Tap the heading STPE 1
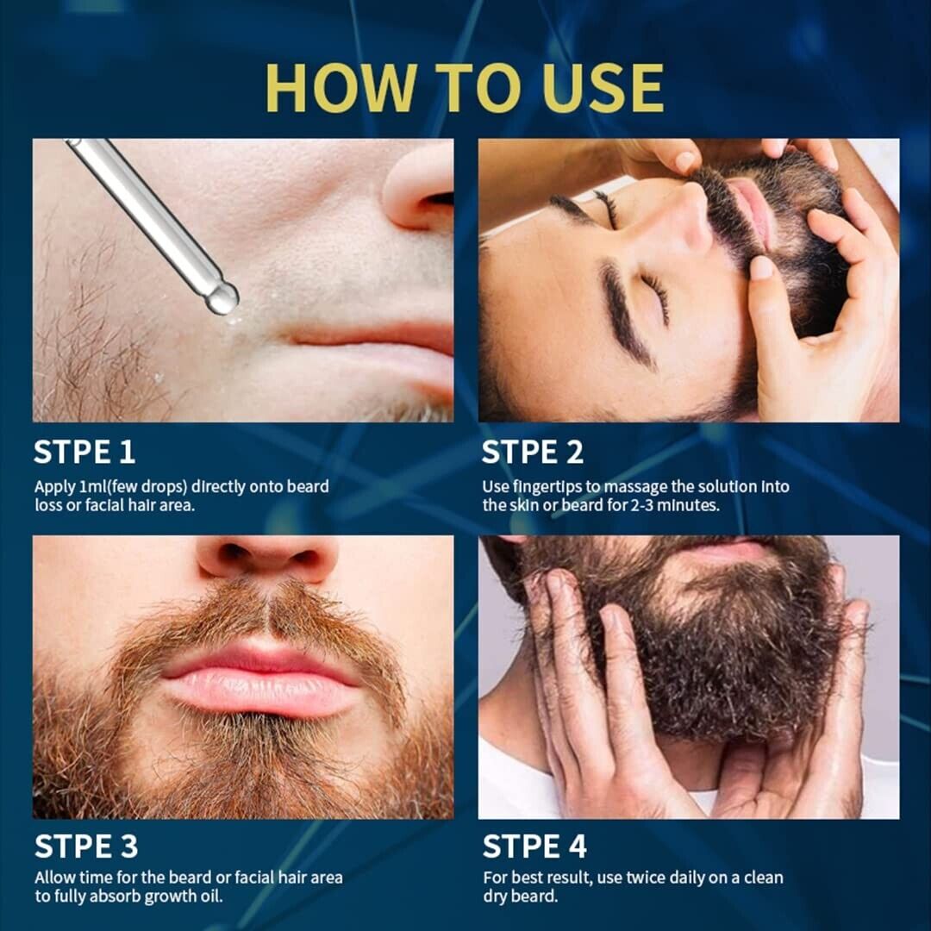[x=84, y=452]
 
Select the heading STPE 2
[x=533, y=452]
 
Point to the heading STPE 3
[x=86, y=847]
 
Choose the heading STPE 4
[x=534, y=847]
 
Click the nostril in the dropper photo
[x=438, y=199]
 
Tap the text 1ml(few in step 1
[x=133, y=487]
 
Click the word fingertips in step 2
[x=547, y=487]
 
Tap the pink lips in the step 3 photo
[x=261, y=679]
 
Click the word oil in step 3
[x=211, y=896]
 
